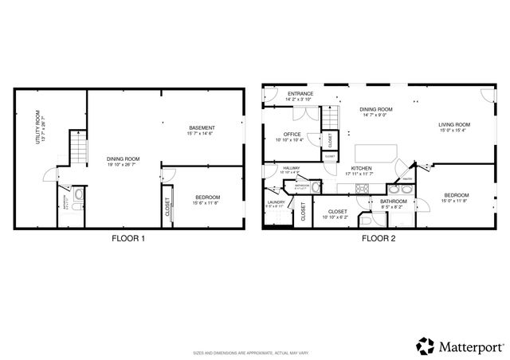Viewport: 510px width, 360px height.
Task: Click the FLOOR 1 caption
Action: (x=127, y=238)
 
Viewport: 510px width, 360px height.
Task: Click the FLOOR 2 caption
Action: (x=379, y=238)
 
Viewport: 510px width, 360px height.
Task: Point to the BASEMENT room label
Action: (x=201, y=129)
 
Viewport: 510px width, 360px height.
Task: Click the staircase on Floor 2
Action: (x=330, y=119)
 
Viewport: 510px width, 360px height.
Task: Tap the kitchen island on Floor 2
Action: (x=375, y=151)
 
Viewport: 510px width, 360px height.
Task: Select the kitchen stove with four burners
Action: (x=362, y=190)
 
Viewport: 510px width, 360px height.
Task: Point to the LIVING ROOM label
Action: (x=454, y=124)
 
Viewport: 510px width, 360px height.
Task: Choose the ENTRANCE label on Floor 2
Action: (x=300, y=94)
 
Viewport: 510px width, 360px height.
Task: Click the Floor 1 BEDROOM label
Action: (x=206, y=197)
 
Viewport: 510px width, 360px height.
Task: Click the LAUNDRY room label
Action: (x=277, y=202)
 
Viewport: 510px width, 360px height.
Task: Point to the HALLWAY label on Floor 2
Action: (x=291, y=168)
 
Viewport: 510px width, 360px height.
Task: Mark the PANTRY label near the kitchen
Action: (x=406, y=179)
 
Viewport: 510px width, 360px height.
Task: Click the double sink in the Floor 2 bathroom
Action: (x=396, y=190)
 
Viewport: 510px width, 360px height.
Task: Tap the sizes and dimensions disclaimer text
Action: (x=255, y=352)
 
